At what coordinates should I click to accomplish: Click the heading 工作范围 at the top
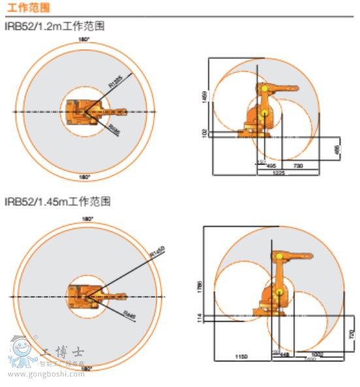[27, 8]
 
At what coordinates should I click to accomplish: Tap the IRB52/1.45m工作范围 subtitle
[57, 201]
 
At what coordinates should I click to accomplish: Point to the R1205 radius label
[116, 81]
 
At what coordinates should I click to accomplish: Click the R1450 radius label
[156, 252]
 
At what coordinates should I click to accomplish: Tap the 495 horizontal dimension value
[270, 166]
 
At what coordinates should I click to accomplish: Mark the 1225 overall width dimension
[278, 172]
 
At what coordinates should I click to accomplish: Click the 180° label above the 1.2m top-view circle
[84, 39]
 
